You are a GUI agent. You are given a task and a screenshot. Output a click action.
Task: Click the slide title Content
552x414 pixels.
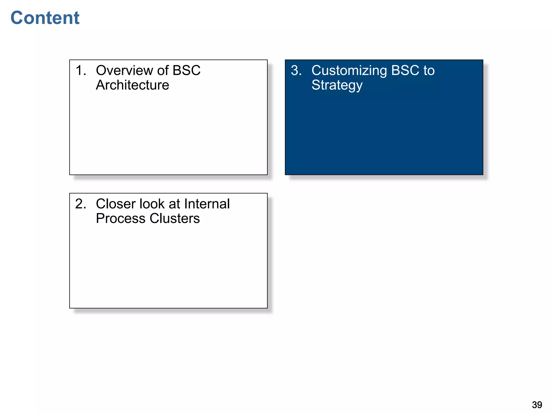tap(45, 18)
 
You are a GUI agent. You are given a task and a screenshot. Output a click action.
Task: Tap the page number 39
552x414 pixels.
tap(537, 405)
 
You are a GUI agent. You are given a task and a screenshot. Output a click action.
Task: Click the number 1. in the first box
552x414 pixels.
tap(81, 71)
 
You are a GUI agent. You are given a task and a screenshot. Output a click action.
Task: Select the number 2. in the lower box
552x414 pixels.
tap(81, 204)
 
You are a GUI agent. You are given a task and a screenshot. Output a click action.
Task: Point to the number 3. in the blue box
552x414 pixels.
tap(296, 71)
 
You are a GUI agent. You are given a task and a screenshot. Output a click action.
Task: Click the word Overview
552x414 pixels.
tap(125, 71)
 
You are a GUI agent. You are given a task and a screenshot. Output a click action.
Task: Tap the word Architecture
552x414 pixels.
tap(132, 85)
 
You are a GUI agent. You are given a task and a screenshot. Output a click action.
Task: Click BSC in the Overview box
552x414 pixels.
tap(186, 71)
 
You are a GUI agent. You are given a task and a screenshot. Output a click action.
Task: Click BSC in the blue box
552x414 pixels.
tap(405, 71)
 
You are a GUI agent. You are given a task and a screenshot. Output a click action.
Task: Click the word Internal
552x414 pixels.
tap(207, 204)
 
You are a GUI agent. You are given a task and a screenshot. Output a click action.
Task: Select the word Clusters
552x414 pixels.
tap(175, 218)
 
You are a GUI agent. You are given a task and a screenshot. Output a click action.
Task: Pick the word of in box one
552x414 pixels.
tap(163, 71)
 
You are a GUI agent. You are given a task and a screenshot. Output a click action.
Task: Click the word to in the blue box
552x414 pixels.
tap(429, 71)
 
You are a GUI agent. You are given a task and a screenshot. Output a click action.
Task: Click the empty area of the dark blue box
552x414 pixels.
tap(384, 135)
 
